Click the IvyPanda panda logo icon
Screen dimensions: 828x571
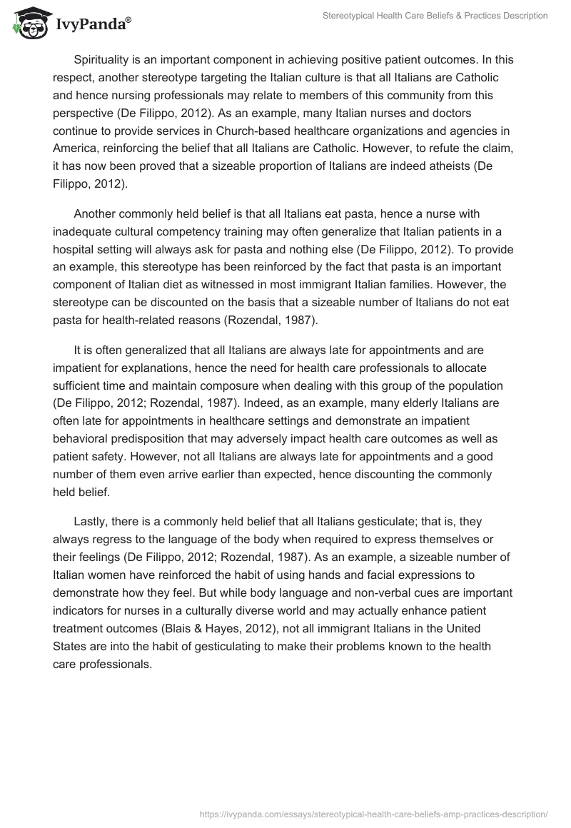(x=29, y=23)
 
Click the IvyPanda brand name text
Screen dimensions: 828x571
(x=91, y=24)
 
